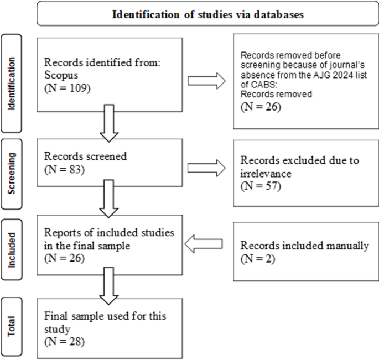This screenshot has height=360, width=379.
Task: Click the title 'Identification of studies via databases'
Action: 207,15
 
